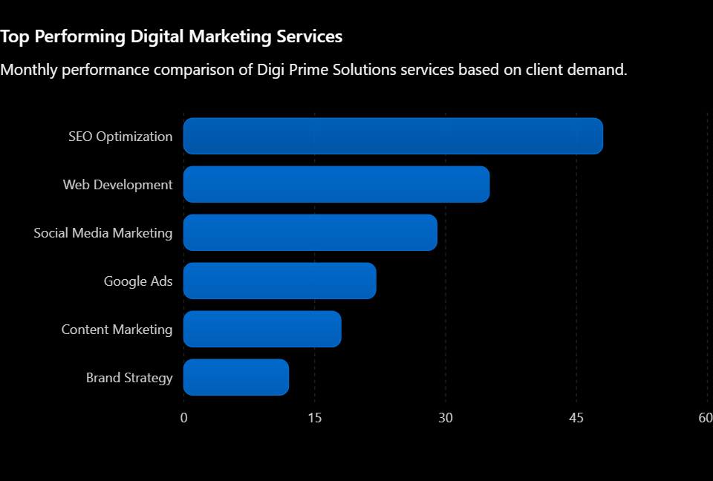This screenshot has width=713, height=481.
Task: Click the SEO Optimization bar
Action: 393,136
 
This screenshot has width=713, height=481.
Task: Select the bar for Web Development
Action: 336,184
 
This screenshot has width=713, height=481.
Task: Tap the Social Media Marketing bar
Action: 310,232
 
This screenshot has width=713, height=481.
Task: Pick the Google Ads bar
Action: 280,281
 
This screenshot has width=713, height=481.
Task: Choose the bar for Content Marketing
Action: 262,329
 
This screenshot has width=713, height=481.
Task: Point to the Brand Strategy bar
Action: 236,377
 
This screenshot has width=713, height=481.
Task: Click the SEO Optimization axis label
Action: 120,137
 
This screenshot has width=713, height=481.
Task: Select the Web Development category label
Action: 118,185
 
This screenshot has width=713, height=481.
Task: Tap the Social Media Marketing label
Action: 103,233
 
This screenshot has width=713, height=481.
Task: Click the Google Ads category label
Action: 138,281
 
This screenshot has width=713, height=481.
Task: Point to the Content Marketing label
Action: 117,329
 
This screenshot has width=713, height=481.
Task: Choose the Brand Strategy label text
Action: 129,377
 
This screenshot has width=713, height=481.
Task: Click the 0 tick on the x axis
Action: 183,418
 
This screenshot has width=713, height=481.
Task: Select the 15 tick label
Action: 315,418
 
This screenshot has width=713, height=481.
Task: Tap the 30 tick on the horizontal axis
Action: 446,418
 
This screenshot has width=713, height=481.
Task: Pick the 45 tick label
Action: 576,418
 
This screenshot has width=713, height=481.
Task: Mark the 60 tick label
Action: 706,418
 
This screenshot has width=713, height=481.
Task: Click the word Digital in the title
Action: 157,37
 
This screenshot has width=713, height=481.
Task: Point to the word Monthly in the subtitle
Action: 29,70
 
